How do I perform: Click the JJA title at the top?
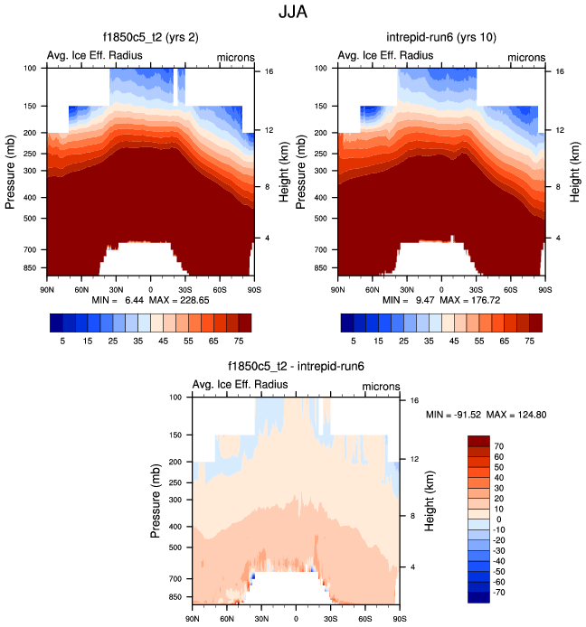coord(293,13)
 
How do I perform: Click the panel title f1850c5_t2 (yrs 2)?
coord(149,37)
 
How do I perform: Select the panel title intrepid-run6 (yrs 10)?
coord(440,37)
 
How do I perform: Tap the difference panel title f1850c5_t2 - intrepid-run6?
coord(295,366)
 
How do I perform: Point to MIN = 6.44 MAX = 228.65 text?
coord(149,298)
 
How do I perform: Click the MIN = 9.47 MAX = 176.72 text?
coord(440,298)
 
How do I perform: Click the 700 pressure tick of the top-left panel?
coord(31,248)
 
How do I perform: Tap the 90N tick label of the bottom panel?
coord(192,618)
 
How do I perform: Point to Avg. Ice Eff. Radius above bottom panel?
coord(241,385)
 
